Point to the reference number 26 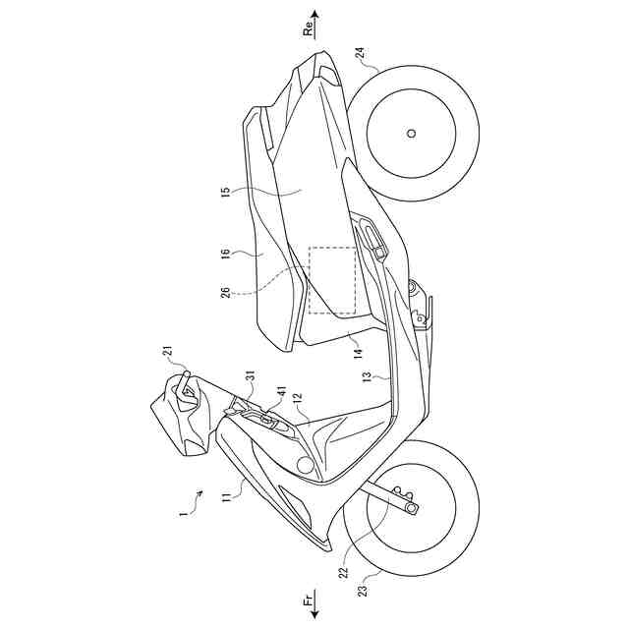(225, 292)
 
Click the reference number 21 (168, 352)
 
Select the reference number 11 (226, 499)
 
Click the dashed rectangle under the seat (331, 279)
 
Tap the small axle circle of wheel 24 (412, 133)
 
